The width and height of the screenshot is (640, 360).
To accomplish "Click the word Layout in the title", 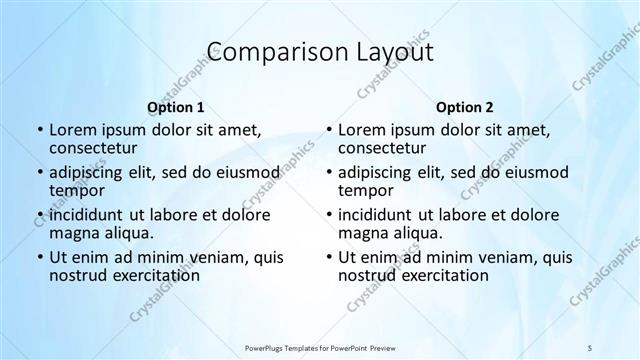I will (x=392, y=53).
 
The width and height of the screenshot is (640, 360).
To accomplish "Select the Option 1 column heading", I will (x=176, y=107).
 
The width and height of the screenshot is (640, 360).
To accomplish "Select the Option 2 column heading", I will (x=465, y=107).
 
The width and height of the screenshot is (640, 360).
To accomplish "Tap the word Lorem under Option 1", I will (x=72, y=130).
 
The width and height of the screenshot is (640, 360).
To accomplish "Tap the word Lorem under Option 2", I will (x=361, y=130).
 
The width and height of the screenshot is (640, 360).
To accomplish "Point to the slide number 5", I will (x=590, y=346).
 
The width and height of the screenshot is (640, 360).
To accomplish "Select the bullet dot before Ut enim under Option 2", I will (x=328, y=257).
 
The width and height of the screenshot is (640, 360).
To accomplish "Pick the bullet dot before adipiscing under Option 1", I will (x=39, y=173).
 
